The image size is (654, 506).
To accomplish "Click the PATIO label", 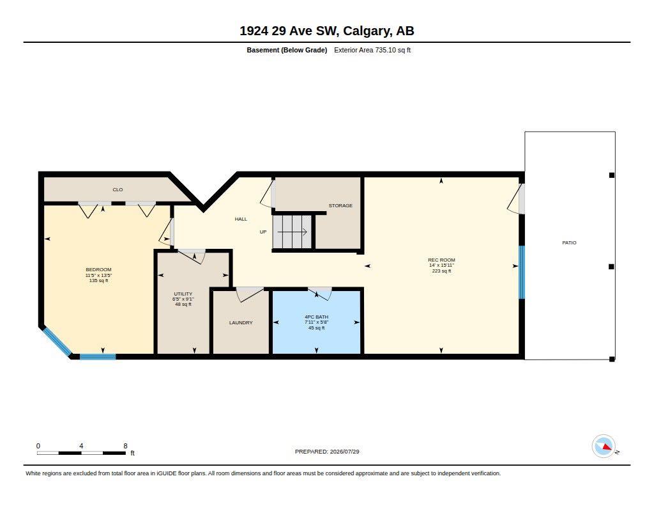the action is coord(569,242).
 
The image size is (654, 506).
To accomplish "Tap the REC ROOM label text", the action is coord(441,260).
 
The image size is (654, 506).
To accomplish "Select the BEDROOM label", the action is coord(98,269).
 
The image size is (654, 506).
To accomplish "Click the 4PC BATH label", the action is coord(317,317).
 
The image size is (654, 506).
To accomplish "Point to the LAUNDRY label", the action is coord(241,322).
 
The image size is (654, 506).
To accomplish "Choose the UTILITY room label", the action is coord(183,294).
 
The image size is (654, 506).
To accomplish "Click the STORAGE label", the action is coord(340,205).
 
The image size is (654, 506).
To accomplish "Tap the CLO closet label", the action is coord(118,190).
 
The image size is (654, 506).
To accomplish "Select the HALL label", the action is coord(241,219).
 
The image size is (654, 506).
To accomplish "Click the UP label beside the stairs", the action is coord(263,232).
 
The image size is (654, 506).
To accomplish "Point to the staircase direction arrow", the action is coord(293,232).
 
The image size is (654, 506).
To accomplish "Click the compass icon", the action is coord(604,447).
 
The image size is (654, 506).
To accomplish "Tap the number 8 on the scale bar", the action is coord(125,446).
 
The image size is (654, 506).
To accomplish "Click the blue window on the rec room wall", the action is coord(521,272).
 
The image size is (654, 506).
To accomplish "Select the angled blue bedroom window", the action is coord(57,342).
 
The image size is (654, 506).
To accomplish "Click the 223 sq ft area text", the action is coord(441,271).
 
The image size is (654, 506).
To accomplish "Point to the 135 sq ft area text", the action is coord(98,280).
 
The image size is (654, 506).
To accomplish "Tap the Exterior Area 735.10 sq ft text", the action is coord(372,50).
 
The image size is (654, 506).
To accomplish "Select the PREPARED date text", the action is coord(327,452).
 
